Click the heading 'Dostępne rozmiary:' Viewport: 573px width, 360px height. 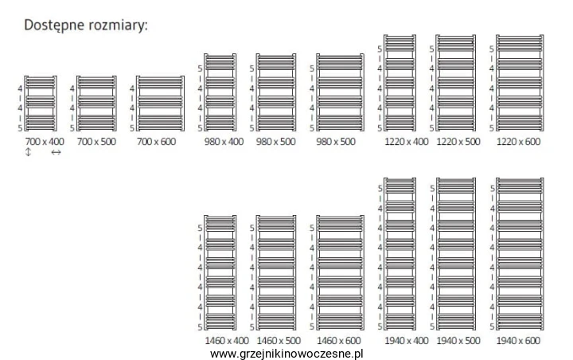[x=86, y=25]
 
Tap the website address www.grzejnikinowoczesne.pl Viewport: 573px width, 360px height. [x=286, y=354]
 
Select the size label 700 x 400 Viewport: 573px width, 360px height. [x=45, y=142]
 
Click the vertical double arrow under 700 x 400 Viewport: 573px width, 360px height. [x=28, y=152]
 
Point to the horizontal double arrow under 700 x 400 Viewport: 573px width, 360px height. [x=56, y=152]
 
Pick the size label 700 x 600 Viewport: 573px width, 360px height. [x=157, y=142]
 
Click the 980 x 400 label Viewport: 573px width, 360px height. [x=224, y=142]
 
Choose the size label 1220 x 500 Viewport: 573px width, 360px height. [x=458, y=142]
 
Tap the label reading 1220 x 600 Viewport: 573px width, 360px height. [x=518, y=142]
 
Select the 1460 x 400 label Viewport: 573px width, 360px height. [x=227, y=341]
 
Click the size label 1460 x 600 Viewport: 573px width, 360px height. [x=339, y=341]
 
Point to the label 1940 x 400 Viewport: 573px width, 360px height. [x=407, y=341]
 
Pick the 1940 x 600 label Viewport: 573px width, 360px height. [x=518, y=341]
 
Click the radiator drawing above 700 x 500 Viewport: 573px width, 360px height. [x=96, y=104]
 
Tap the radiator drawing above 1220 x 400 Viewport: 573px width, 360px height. [x=400, y=83]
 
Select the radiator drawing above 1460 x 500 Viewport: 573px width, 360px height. [x=276, y=272]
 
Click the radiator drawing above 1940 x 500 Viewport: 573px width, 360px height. [x=456, y=254]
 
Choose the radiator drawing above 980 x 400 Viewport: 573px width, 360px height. [x=220, y=92]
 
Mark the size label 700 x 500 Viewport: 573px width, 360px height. [x=96, y=142]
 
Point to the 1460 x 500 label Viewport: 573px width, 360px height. [x=279, y=341]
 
